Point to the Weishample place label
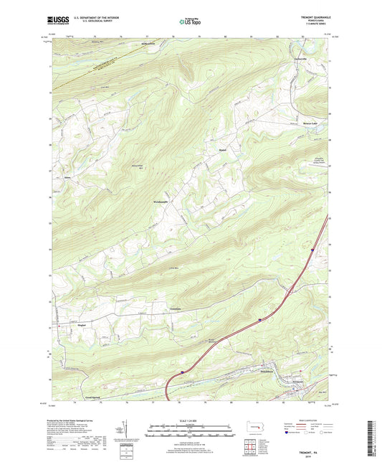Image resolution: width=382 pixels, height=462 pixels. click(x=165, y=203)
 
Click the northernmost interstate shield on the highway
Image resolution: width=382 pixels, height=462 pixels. click(x=313, y=250)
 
